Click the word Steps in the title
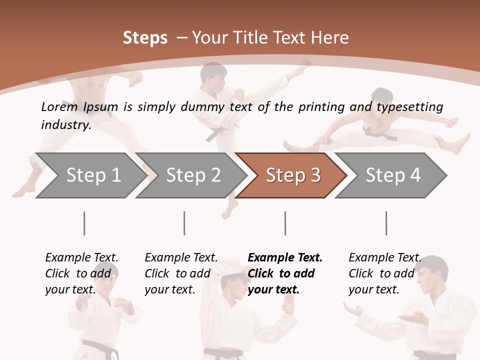pyautogui.click(x=145, y=37)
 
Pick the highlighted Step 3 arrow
pyautogui.click(x=293, y=175)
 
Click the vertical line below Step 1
pyautogui.click(x=84, y=223)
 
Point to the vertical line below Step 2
pyautogui.click(x=184, y=223)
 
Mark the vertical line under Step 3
pyautogui.click(x=285, y=223)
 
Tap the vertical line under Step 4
pyautogui.click(x=386, y=223)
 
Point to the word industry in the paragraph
pyautogui.click(x=66, y=125)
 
